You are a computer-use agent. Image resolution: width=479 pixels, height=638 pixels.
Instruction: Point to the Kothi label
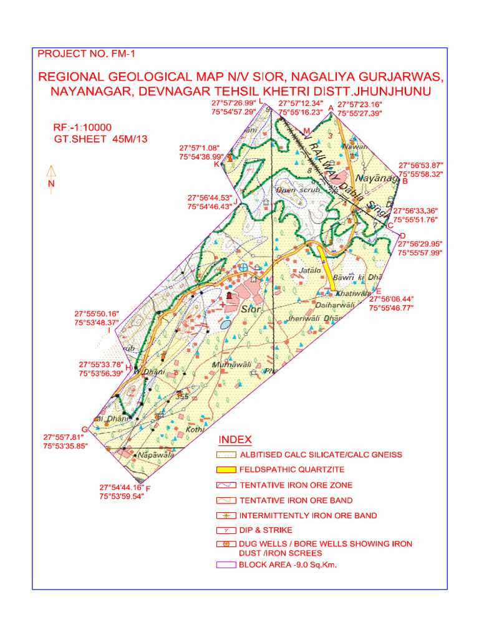point(195,429)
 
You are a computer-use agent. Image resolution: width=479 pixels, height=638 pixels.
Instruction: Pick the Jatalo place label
point(310,270)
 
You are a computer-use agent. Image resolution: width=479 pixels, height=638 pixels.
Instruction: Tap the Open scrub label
point(298,189)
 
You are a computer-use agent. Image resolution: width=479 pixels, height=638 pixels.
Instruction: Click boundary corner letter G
point(84,429)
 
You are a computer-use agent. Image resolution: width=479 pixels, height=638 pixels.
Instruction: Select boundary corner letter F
point(148,488)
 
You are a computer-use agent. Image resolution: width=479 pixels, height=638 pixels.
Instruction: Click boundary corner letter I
point(109,330)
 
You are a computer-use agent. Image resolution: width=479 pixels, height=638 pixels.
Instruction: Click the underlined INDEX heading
point(235,440)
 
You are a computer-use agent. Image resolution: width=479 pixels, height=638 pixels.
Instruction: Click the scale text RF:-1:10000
point(82,128)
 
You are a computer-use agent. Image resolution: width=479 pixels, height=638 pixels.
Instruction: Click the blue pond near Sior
point(225,324)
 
